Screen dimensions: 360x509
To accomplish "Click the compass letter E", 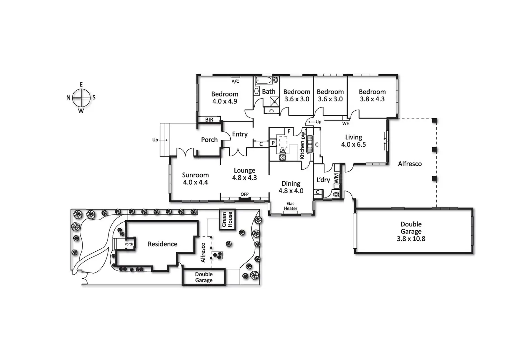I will coord(81,85).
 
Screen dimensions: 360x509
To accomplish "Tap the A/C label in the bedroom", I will coord(235,82).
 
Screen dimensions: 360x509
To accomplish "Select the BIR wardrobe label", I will coord(209,120).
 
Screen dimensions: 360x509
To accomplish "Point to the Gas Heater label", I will coord(290,206).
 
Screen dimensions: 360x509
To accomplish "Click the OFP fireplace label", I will coord(244,194).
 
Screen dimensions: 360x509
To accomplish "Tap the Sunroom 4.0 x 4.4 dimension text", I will coord(195,182).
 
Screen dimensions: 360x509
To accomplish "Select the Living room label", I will coord(353,137).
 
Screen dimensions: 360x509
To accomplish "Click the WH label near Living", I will coord(346,123).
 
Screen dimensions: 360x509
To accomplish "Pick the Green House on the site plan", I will coord(227,220).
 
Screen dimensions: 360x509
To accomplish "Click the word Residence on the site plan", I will coord(163,244).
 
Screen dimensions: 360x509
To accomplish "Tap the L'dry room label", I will coord(323,180).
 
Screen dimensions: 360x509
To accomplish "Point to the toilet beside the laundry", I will coord(336,194).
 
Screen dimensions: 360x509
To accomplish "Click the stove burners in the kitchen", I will coord(283,157).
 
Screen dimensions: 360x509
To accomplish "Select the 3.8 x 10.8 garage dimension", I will coord(411,239).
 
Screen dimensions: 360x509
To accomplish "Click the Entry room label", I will coord(240,134).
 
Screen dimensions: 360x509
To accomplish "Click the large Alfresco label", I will coord(410,164).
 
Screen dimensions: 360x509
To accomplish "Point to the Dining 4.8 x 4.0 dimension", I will coord(291,191).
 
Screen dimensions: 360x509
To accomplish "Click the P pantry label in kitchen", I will coord(273,143).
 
